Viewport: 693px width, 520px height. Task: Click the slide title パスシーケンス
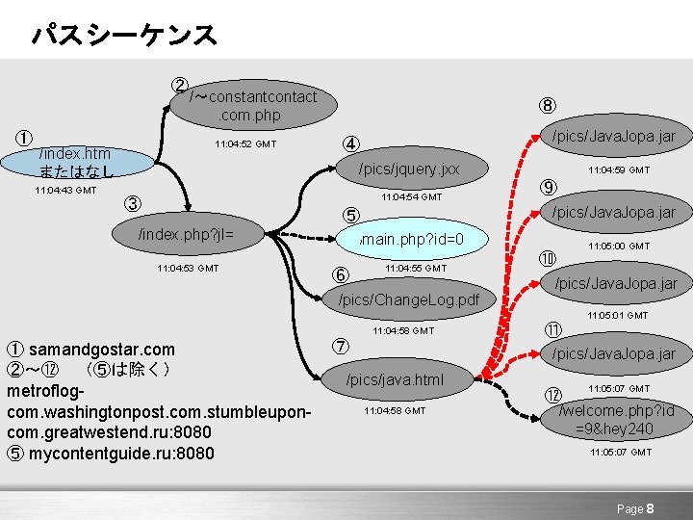coord(124,36)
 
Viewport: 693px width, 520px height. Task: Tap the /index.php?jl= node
coord(187,233)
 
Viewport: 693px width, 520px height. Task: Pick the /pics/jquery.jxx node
coord(409,169)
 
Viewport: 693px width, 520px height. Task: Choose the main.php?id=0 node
coord(411,239)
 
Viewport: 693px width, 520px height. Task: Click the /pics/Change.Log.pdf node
coord(409,299)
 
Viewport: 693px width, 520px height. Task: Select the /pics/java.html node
coord(395,379)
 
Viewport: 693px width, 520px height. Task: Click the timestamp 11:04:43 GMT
coord(64,191)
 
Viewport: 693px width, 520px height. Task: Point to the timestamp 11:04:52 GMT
coord(245,144)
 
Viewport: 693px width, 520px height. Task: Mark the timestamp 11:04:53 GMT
coord(188,268)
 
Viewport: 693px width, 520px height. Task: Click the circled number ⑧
coord(547,106)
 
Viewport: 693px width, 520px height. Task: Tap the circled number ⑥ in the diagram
coord(340,273)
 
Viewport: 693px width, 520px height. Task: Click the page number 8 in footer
coord(651,507)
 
